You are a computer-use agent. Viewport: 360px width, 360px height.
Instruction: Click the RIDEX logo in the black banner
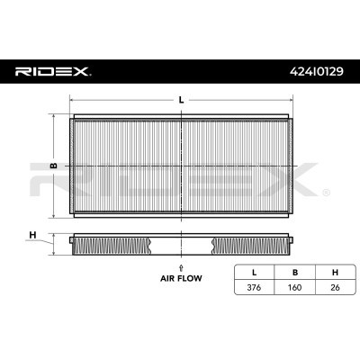52,71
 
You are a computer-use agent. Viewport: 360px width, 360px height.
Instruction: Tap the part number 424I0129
317,71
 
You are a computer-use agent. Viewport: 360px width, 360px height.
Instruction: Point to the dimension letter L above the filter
181,100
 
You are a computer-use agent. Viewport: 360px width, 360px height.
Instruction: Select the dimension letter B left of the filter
54,166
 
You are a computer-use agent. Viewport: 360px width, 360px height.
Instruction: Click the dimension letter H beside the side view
32,235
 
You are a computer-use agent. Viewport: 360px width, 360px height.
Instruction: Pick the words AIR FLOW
181,278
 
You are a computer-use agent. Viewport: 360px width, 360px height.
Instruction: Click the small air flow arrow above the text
181,268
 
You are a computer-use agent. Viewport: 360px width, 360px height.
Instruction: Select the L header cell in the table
254,273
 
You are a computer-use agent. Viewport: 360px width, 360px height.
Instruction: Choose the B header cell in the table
295,273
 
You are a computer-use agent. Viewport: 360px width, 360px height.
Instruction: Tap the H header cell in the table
335,273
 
